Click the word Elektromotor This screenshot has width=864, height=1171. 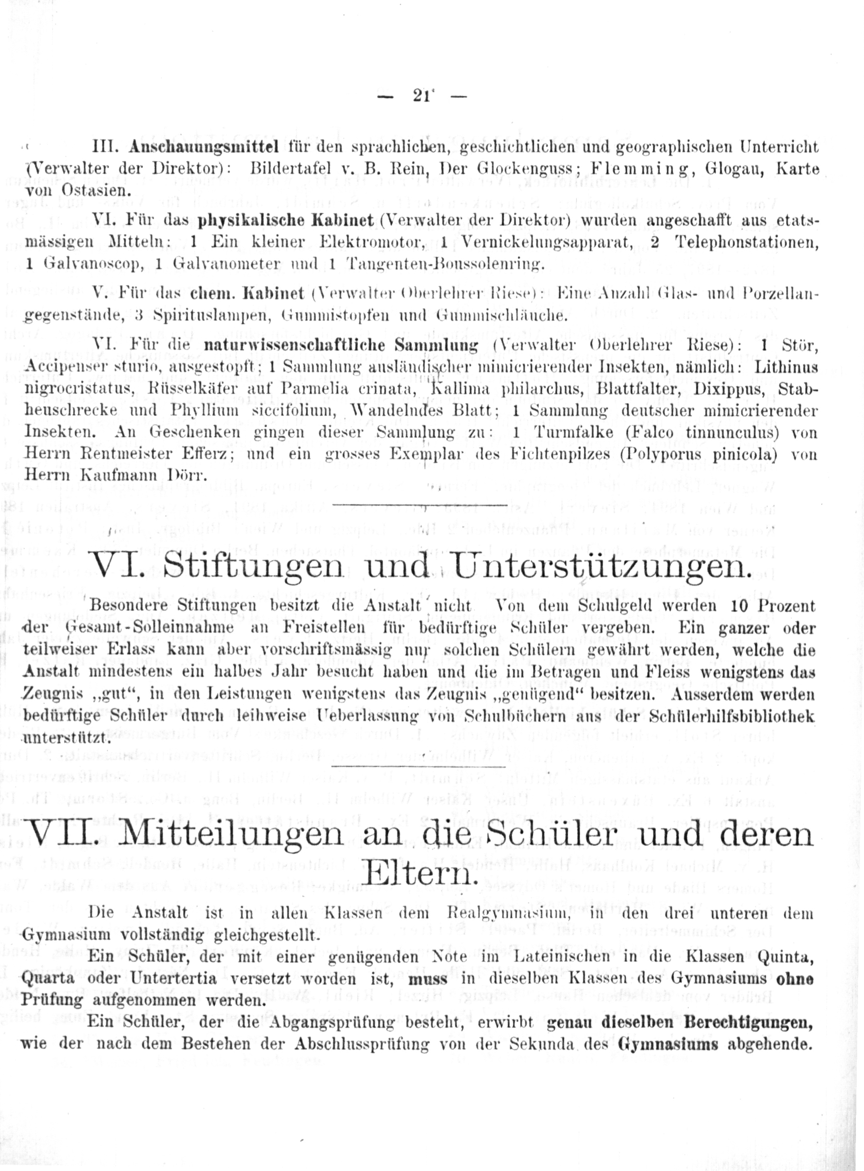click(x=372, y=243)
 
